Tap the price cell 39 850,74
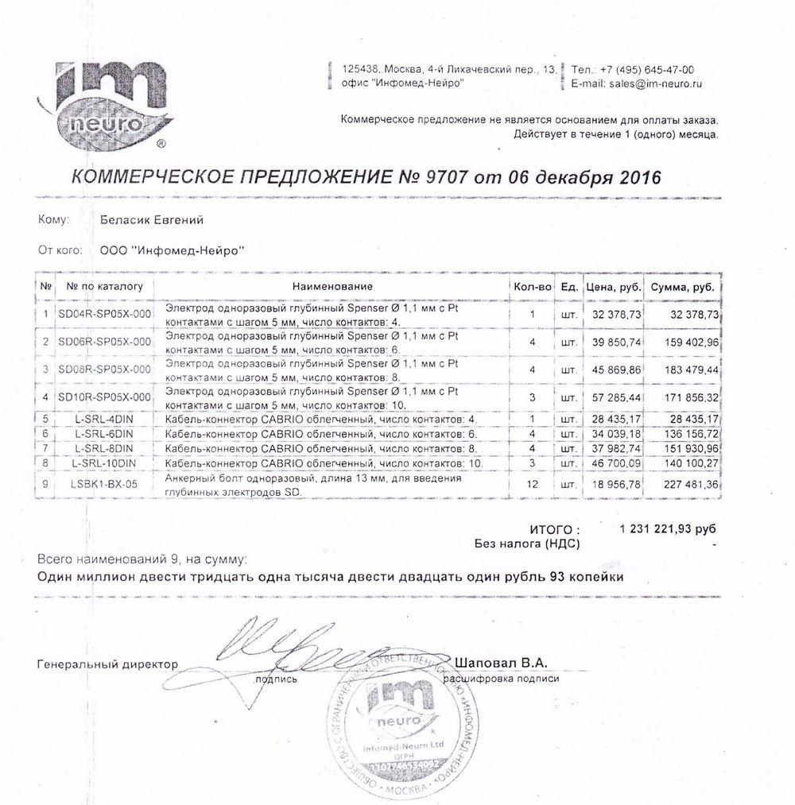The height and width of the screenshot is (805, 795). [x=613, y=342]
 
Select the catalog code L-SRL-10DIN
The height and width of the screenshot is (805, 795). [x=104, y=462]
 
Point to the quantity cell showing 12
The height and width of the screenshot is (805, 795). [x=533, y=484]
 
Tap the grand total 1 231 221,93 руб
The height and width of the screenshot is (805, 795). [x=666, y=529]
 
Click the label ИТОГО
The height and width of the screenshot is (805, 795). [x=554, y=529]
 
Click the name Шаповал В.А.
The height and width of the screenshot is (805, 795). [x=502, y=663]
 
